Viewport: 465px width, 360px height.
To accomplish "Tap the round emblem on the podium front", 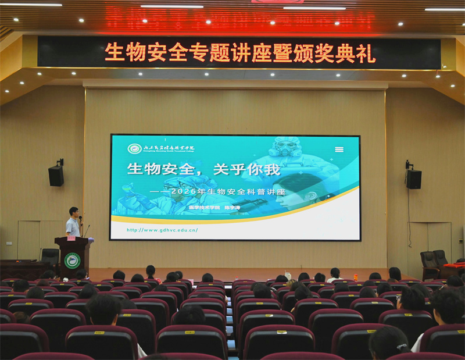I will tap(73, 260).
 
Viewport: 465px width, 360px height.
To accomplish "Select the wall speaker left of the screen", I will tap(56, 175).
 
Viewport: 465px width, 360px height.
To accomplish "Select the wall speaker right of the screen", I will tap(414, 179).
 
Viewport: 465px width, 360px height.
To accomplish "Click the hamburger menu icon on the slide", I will tap(339, 149).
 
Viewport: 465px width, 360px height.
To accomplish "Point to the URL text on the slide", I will tap(162, 230).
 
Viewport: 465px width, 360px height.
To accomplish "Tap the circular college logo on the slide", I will tap(135, 149).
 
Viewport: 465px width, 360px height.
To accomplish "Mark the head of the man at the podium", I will tap(74, 212).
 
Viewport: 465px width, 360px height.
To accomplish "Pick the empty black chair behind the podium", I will tap(51, 255).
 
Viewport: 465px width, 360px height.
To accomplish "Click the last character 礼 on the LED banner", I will tap(366, 53).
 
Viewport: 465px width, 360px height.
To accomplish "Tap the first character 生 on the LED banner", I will tap(114, 52).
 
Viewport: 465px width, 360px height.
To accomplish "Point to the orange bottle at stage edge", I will tap(355, 277).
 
